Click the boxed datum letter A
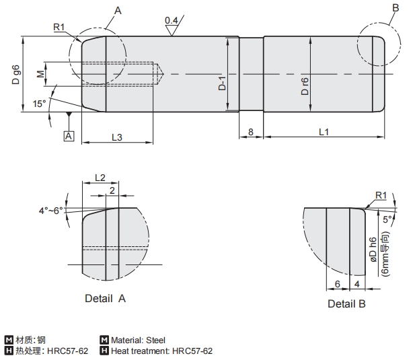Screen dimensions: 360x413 [x=69, y=136]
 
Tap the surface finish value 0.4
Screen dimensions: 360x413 [x=171, y=21]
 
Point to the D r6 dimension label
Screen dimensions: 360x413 [x=305, y=85]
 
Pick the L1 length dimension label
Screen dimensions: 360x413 [x=324, y=132]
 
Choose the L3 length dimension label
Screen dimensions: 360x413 [x=116, y=137]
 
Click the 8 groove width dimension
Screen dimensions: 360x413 [x=251, y=132]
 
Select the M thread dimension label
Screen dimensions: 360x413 [x=40, y=73]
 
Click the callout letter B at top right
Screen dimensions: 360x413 [x=394, y=7]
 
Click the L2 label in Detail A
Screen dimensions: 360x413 [x=99, y=178]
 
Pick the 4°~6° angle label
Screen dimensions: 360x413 [x=50, y=211]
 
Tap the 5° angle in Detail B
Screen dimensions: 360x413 [x=387, y=219]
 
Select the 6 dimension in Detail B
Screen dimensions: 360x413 [x=337, y=283]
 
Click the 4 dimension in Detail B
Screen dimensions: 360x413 [x=356, y=283]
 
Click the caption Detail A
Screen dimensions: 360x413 [x=106, y=297]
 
